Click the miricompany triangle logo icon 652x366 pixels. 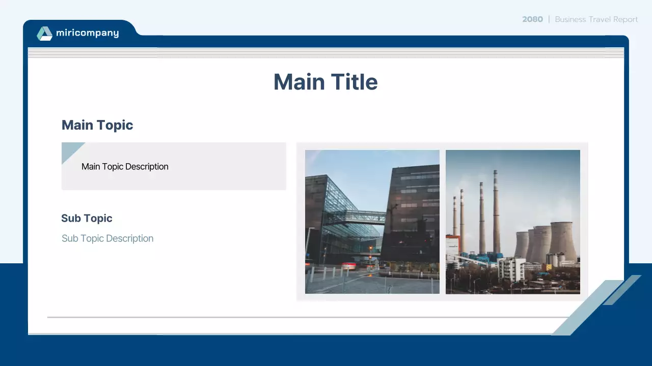click(x=44, y=34)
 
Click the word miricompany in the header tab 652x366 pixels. click(x=87, y=34)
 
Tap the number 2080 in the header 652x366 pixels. click(x=532, y=19)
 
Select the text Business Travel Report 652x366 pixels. click(x=596, y=19)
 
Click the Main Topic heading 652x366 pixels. click(x=97, y=125)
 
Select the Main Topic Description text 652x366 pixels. click(x=125, y=167)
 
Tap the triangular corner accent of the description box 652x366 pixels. click(x=69, y=150)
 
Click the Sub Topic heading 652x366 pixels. click(x=87, y=219)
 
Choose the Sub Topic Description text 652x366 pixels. click(x=107, y=238)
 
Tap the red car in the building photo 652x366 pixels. click(x=349, y=265)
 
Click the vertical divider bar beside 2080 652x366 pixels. click(x=549, y=19)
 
